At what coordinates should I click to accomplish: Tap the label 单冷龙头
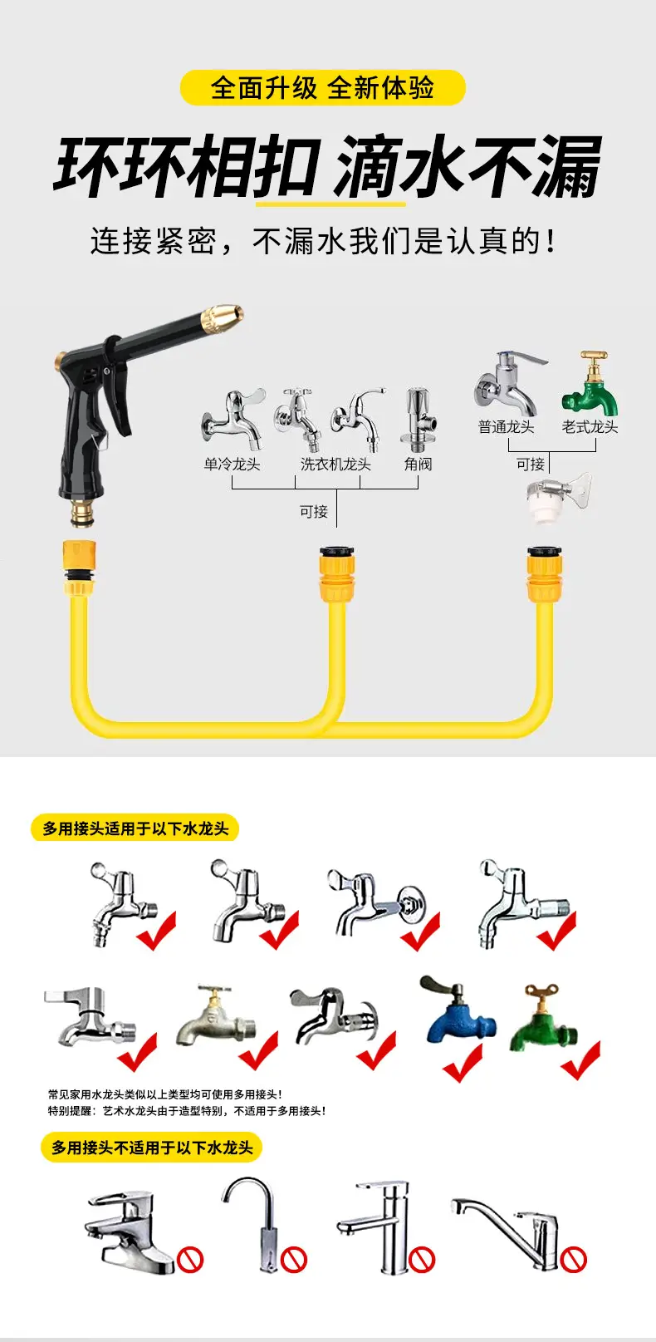point(233,465)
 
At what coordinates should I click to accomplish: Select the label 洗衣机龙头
point(335,465)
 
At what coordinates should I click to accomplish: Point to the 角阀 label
point(418,465)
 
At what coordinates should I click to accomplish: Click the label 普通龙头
point(506,427)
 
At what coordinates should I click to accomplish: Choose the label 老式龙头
point(590,427)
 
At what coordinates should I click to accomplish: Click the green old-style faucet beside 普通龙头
point(590,385)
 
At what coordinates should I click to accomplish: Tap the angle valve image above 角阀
point(419,420)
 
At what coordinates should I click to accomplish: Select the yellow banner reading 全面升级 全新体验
point(323,88)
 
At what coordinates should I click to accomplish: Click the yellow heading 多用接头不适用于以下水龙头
point(152,1148)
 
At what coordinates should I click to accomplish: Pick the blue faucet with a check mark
point(458,1010)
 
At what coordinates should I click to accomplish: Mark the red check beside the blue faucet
point(463,1063)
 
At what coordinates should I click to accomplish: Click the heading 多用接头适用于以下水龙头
point(135,828)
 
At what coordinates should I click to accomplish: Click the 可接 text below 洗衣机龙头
point(314,512)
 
